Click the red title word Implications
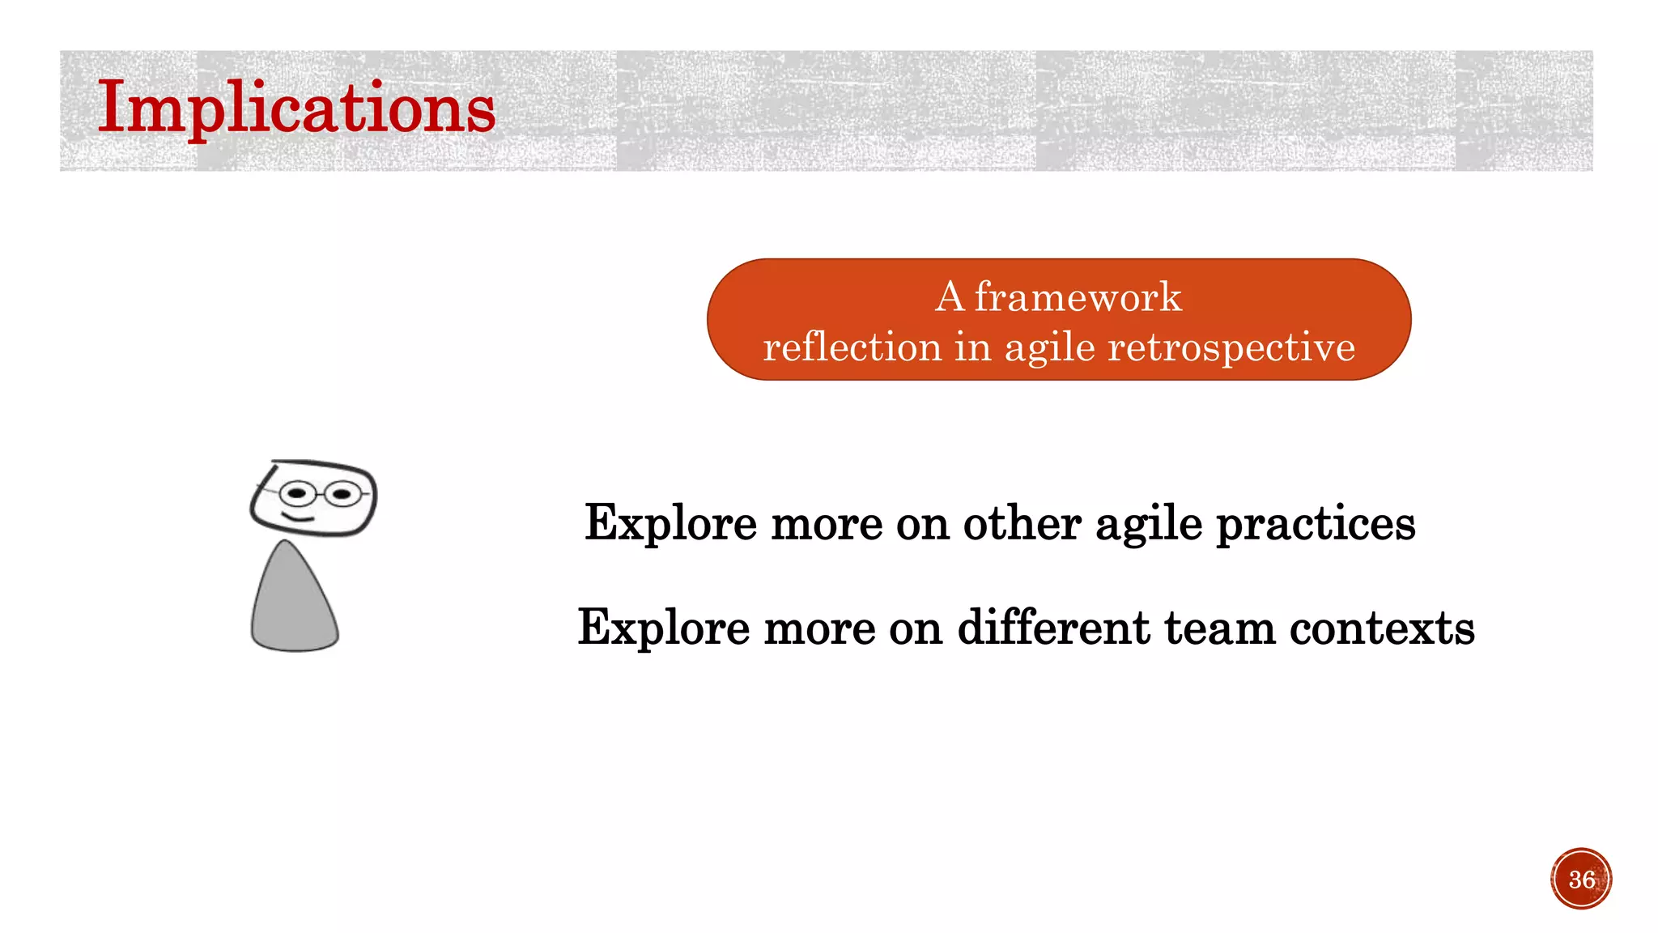point(296,109)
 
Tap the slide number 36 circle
point(1581,879)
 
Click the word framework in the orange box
point(1078,297)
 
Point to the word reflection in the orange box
point(852,347)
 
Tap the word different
point(1053,628)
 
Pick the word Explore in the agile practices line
point(671,524)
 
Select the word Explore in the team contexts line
point(664,628)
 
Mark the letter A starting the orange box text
point(950,297)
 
